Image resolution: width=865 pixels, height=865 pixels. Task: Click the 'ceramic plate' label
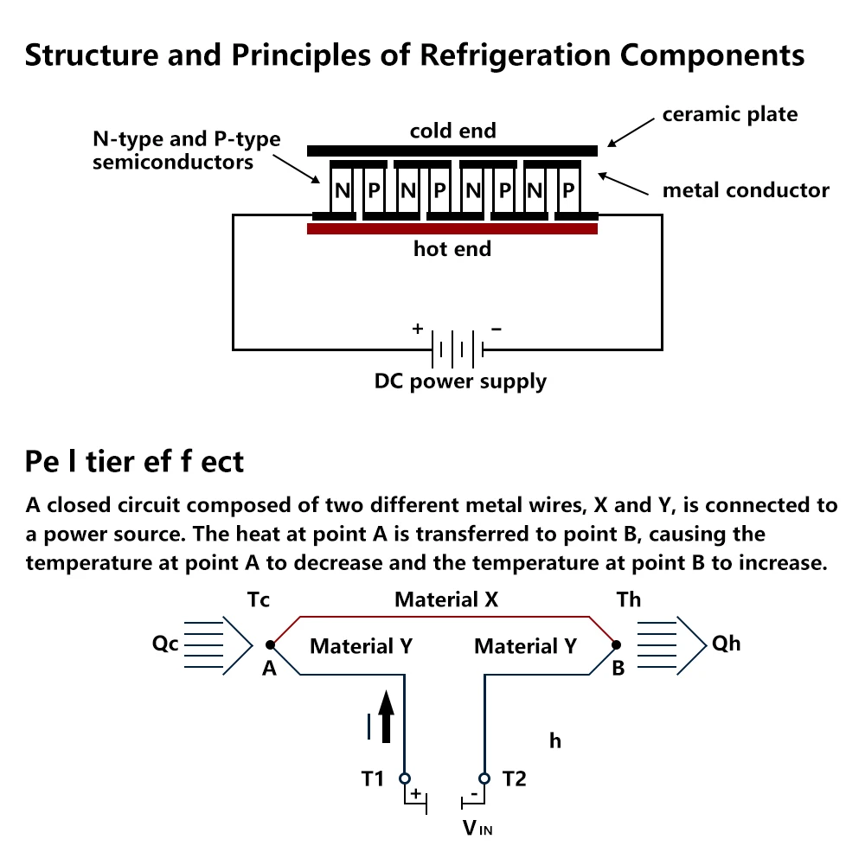tap(730, 114)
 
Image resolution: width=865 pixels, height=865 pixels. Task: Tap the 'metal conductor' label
tap(746, 190)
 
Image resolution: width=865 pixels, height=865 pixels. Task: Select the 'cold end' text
tap(453, 131)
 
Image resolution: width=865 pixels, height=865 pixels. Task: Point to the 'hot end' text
tap(452, 249)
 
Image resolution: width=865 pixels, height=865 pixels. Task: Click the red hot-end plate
tap(452, 228)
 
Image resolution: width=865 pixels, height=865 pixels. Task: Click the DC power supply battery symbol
tap(458, 349)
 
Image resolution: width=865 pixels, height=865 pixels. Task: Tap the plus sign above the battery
tap(418, 329)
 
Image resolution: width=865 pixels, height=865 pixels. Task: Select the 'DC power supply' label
tap(460, 381)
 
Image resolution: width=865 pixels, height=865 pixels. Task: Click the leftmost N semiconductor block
tap(342, 190)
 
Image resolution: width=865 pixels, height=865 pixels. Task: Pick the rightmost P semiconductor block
tap(569, 190)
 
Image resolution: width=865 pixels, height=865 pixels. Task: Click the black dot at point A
tap(270, 644)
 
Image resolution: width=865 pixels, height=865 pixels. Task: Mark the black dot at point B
tap(617, 644)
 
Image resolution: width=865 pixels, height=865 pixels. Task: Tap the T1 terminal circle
tap(405, 778)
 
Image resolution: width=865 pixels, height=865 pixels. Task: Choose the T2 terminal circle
tap(484, 778)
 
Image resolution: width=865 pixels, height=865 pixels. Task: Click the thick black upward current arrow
tap(386, 716)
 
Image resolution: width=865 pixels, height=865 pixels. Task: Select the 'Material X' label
tap(446, 599)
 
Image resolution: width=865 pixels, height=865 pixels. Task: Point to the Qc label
tap(165, 644)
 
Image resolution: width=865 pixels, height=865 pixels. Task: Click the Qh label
tap(726, 644)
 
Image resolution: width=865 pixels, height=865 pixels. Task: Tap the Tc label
tap(258, 599)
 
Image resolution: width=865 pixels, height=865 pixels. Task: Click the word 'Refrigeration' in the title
tap(516, 55)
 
